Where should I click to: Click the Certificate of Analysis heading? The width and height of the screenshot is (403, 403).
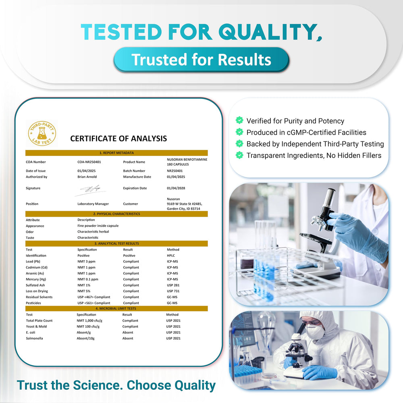point(118,139)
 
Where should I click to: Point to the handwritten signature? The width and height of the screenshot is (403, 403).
point(91,189)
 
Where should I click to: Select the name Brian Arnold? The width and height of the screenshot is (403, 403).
point(87,177)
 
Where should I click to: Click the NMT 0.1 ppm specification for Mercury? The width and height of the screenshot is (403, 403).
point(88,279)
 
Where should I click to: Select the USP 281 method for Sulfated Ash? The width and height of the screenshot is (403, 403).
point(173,285)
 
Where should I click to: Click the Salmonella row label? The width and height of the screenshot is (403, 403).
point(34,339)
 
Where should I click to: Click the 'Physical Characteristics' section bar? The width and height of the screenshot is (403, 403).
point(116,214)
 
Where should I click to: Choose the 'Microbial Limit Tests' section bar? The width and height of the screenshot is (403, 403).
point(116,309)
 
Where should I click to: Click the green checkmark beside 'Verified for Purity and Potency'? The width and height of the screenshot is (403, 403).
point(239,120)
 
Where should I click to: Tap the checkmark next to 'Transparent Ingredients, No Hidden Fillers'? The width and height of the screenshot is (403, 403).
point(239,155)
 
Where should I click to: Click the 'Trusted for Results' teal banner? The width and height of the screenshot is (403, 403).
point(201,60)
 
